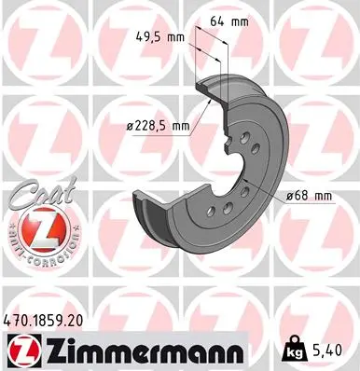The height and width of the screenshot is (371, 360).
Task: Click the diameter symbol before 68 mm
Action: tap(292, 195)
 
